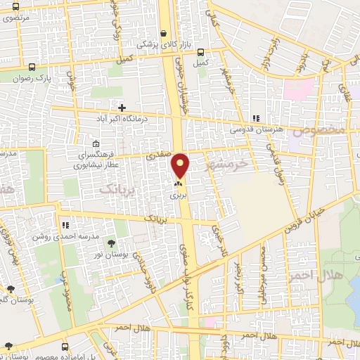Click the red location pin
click(x=181, y=165)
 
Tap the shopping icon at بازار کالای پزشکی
click(x=164, y=33)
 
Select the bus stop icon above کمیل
click(x=202, y=52)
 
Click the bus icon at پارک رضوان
click(x=32, y=67)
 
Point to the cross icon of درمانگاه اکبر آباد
click(x=123, y=108)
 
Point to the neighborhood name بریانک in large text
click(x=116, y=188)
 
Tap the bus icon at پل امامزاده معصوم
click(x=65, y=347)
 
